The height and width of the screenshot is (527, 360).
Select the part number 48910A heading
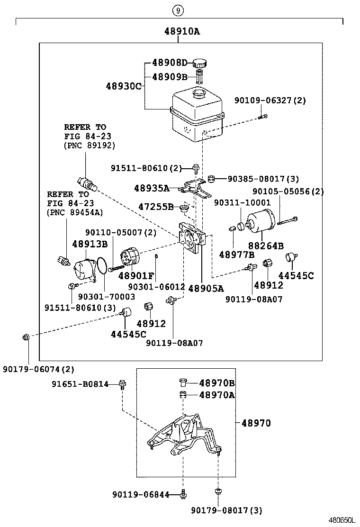click(x=182, y=32)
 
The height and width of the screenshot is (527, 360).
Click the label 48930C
click(x=124, y=86)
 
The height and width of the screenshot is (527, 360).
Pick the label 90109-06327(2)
click(x=270, y=100)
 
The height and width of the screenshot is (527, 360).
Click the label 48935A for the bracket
click(x=152, y=188)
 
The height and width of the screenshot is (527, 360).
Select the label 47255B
click(x=156, y=207)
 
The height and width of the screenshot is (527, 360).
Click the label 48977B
click(x=236, y=255)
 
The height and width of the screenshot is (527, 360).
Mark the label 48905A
click(x=206, y=288)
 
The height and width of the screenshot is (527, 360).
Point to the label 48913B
click(x=90, y=244)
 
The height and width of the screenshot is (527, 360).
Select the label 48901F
click(x=136, y=275)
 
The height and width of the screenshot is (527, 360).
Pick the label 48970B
click(x=217, y=383)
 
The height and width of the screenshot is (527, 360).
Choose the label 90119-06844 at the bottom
click(x=141, y=495)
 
